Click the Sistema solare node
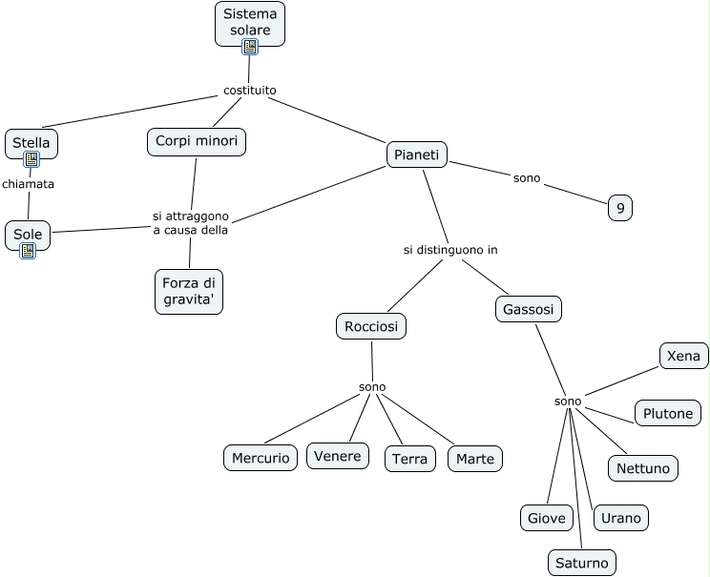click(x=250, y=24)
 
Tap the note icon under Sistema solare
click(x=250, y=47)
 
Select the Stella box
click(x=31, y=144)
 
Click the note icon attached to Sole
click(x=28, y=251)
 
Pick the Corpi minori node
click(x=197, y=142)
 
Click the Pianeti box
click(x=417, y=155)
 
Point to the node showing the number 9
click(x=620, y=208)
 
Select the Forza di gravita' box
click(x=189, y=292)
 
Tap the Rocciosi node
click(x=371, y=326)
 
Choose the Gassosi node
click(x=529, y=310)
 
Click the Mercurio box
click(x=261, y=458)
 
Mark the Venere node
click(x=337, y=456)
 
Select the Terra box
click(x=410, y=459)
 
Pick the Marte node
click(x=475, y=459)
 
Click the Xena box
click(x=683, y=356)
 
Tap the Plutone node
click(x=668, y=413)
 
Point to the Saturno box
click(x=582, y=563)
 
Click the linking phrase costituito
click(x=250, y=91)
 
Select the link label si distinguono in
click(x=450, y=250)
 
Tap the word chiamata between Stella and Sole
click(x=28, y=184)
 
